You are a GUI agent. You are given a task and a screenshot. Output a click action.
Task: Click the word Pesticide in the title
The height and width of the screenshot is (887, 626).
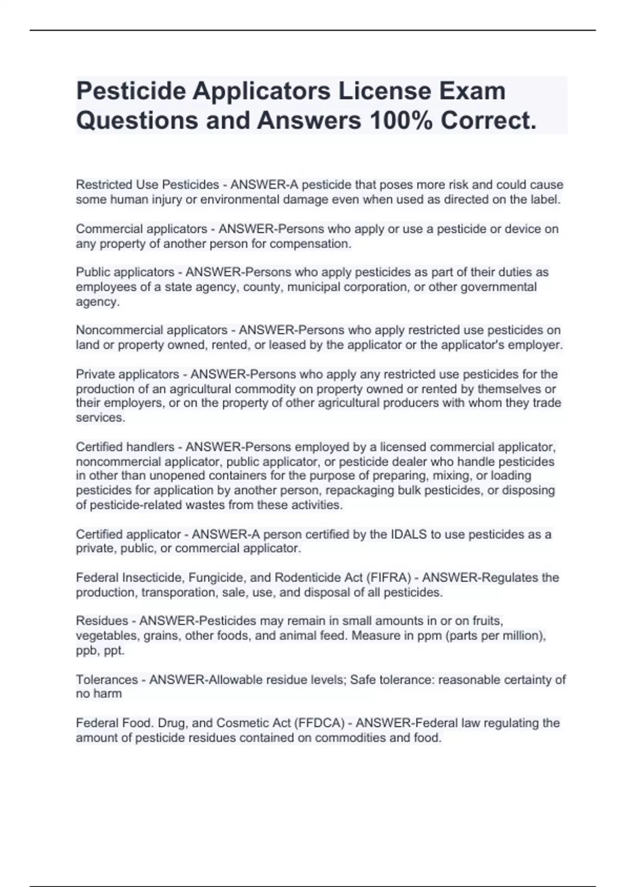131,91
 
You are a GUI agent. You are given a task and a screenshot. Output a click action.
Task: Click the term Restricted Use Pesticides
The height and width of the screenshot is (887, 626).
148,185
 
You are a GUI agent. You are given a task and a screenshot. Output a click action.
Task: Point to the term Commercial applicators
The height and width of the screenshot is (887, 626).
141,229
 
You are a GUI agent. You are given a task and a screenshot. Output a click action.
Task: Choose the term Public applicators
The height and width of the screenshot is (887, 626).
125,272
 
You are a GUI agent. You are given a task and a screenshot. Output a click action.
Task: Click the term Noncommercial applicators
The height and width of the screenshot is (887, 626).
151,330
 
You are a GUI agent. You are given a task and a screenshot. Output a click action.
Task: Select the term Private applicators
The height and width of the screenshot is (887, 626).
127,374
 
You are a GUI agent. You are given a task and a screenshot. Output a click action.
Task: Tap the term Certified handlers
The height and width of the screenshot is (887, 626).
125,447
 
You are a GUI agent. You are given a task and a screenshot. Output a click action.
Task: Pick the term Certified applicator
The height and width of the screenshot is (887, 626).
128,534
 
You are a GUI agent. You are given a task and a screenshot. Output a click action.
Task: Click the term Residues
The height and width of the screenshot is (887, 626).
102,621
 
